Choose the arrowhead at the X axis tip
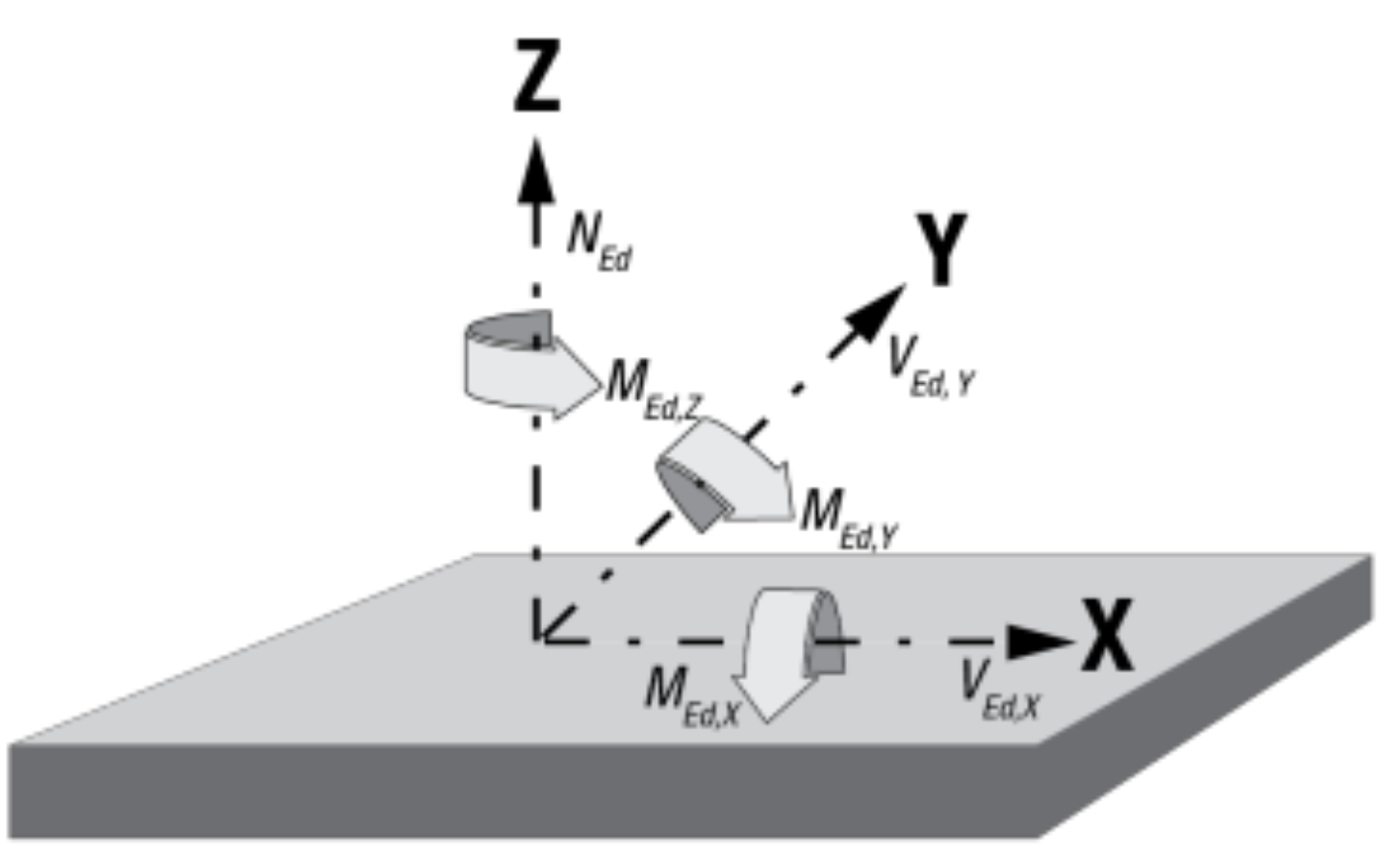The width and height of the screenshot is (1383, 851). pos(1039,641)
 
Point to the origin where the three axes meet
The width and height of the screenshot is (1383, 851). pos(538,639)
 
